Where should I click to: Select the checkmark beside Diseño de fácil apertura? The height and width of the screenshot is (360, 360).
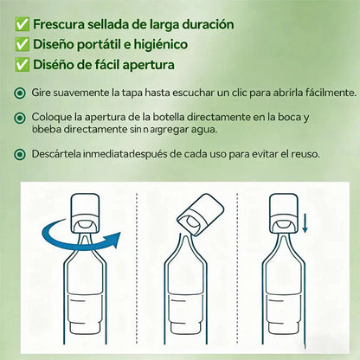coord(21,64)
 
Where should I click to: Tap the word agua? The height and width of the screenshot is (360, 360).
coord(191,130)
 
